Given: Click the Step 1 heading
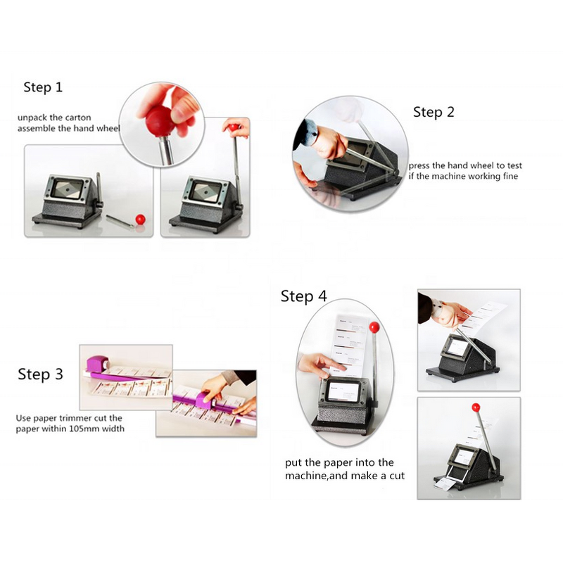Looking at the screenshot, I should [x=43, y=87].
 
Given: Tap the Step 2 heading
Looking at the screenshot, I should [x=434, y=112].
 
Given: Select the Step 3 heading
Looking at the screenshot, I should [x=40, y=374].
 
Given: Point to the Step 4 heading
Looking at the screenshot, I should [x=303, y=296].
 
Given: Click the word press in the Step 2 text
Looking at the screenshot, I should [x=422, y=165].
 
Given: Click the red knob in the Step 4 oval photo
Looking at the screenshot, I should [x=374, y=327].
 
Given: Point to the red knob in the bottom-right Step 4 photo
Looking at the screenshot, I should [x=476, y=407].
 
